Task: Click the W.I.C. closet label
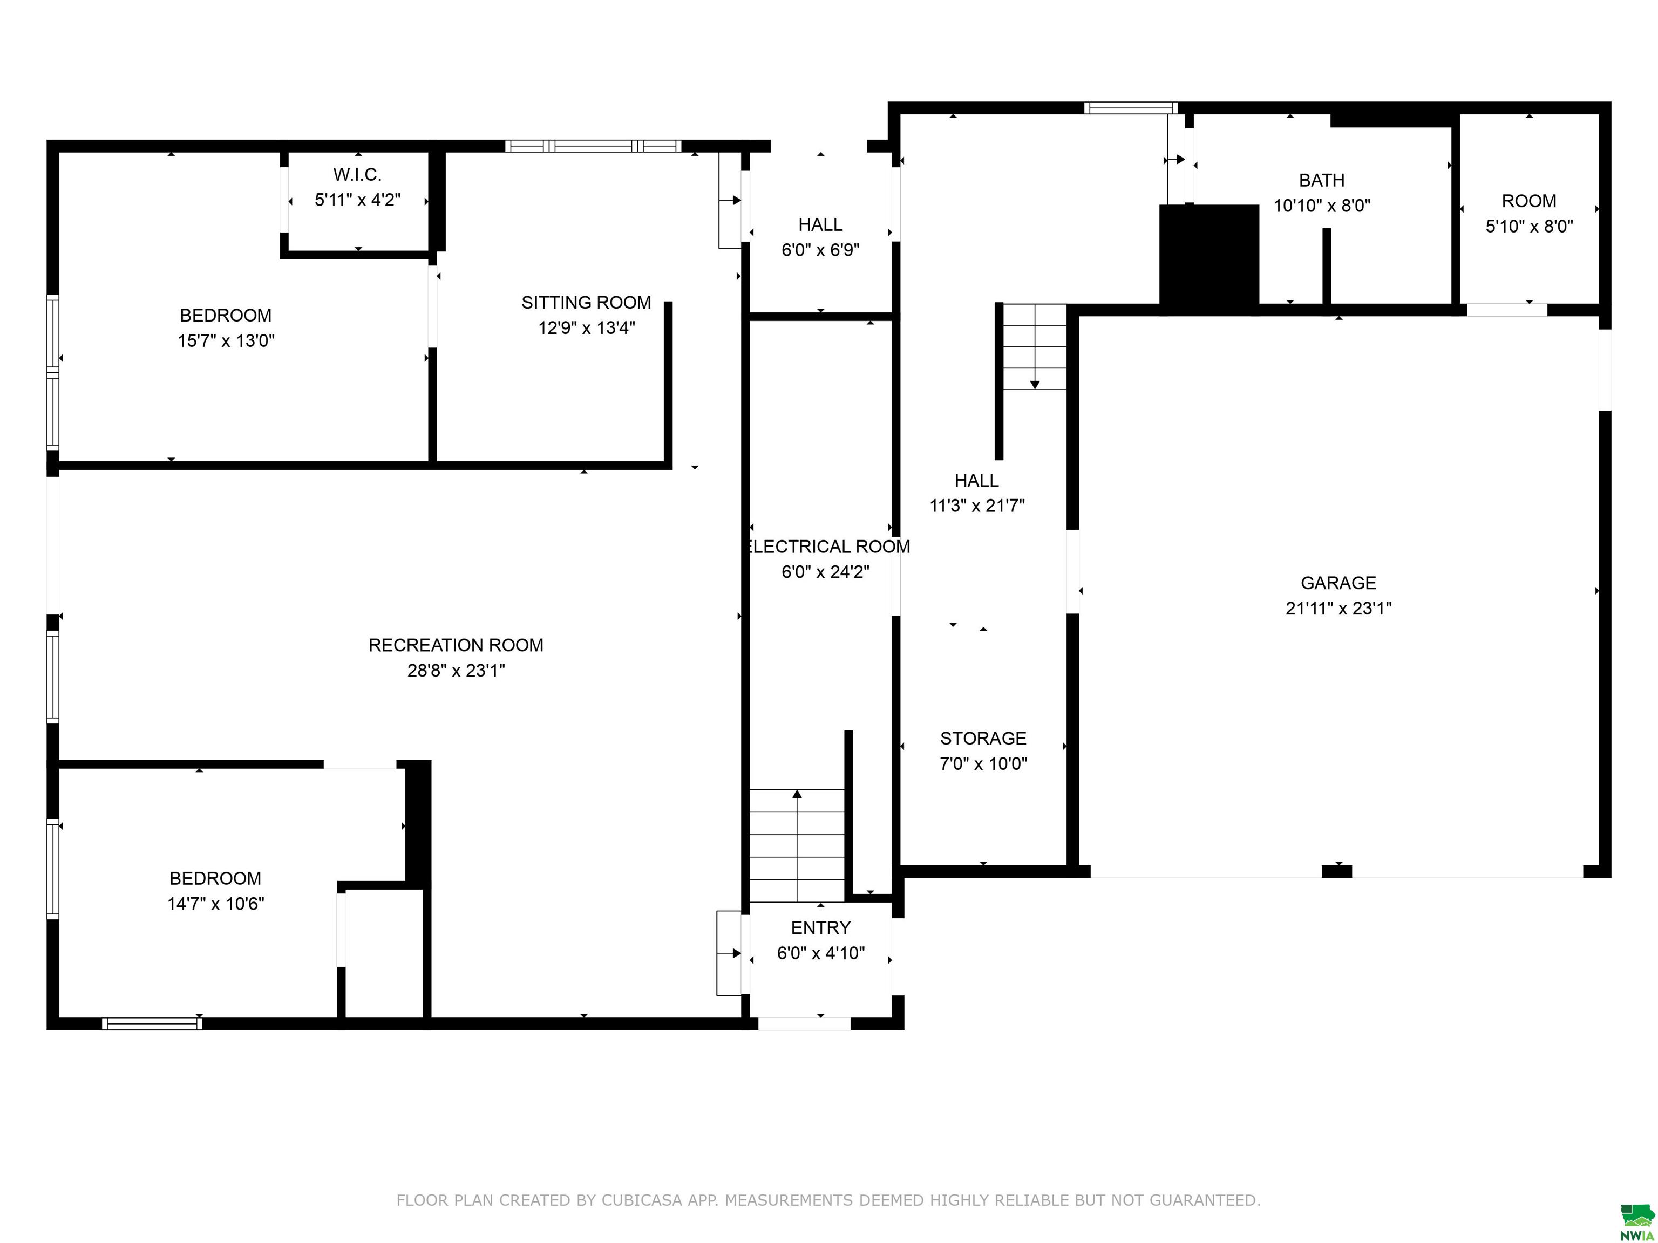tap(357, 175)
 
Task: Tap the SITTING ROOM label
tap(586, 303)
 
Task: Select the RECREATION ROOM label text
tap(456, 645)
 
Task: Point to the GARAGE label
tap(1338, 583)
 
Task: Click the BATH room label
tap(1321, 181)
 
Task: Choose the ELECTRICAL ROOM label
tap(828, 547)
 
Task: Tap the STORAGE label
tap(983, 739)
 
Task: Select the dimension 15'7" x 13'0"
tap(226, 341)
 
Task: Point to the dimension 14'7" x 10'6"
tap(216, 904)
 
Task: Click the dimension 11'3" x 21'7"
tap(977, 506)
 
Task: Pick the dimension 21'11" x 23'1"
tap(1338, 609)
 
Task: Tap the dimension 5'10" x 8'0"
tap(1529, 226)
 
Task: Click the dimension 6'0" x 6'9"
tap(820, 250)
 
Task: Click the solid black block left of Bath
tap(1209, 255)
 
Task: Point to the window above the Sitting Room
tap(593, 146)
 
